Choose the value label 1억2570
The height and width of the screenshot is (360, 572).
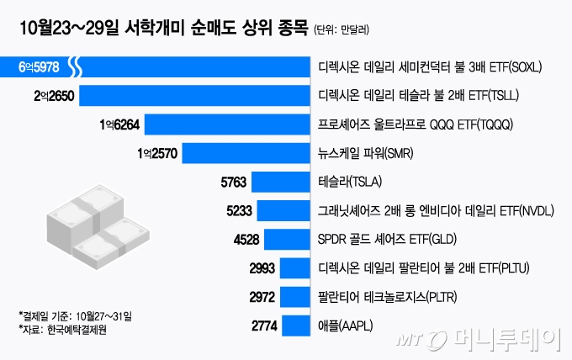point(156,153)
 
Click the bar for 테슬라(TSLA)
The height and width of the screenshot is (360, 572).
point(278,182)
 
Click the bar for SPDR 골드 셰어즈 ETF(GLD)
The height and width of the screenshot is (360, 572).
point(286,239)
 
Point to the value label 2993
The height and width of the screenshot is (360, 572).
point(262,267)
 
